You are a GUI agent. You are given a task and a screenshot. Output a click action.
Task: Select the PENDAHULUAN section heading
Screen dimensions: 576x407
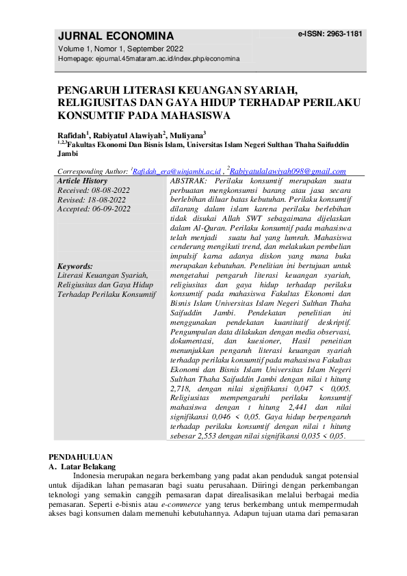pos(85,456)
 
